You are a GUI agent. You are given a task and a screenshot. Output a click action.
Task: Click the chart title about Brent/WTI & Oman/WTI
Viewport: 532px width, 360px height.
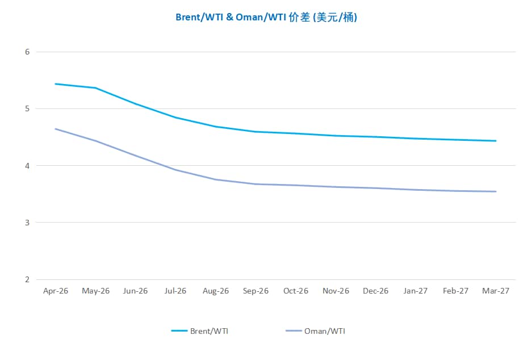pos(266,18)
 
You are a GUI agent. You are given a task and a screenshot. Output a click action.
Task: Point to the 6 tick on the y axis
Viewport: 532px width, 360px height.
pos(27,52)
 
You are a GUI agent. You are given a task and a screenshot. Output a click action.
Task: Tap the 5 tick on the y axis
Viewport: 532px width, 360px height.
pos(27,108)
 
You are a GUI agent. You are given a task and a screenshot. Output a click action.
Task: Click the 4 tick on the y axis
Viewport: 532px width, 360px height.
pos(27,166)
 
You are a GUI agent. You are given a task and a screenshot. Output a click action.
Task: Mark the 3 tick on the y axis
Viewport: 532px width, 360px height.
pos(27,223)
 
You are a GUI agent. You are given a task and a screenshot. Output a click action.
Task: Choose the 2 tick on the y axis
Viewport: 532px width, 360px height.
pos(27,279)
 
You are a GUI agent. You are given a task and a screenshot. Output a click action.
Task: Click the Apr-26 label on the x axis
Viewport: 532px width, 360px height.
pos(56,291)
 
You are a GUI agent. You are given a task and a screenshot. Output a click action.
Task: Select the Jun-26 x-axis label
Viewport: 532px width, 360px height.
pos(136,291)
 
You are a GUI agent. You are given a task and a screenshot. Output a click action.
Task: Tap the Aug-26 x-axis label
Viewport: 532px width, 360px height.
pos(216,291)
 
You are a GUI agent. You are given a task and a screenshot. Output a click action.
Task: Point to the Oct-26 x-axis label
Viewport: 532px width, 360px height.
pos(296,291)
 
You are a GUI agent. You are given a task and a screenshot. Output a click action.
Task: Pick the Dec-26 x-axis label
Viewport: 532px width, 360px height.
pos(376,291)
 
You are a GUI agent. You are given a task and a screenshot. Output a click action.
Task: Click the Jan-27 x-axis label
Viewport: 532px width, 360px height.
pos(416,291)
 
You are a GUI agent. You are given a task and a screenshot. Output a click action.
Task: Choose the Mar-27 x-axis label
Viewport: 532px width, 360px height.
pos(496,291)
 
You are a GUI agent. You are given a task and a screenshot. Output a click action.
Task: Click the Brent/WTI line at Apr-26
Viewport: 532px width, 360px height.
pos(56,84)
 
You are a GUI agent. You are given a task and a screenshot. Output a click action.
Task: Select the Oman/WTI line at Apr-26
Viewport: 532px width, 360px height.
pos(56,129)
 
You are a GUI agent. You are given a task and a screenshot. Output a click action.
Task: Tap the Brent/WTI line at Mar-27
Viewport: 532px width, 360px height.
pos(496,141)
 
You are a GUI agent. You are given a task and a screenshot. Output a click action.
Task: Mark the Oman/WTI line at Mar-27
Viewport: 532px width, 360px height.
pos(496,191)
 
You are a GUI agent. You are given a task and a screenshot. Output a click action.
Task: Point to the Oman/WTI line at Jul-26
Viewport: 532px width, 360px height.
pos(175,170)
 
